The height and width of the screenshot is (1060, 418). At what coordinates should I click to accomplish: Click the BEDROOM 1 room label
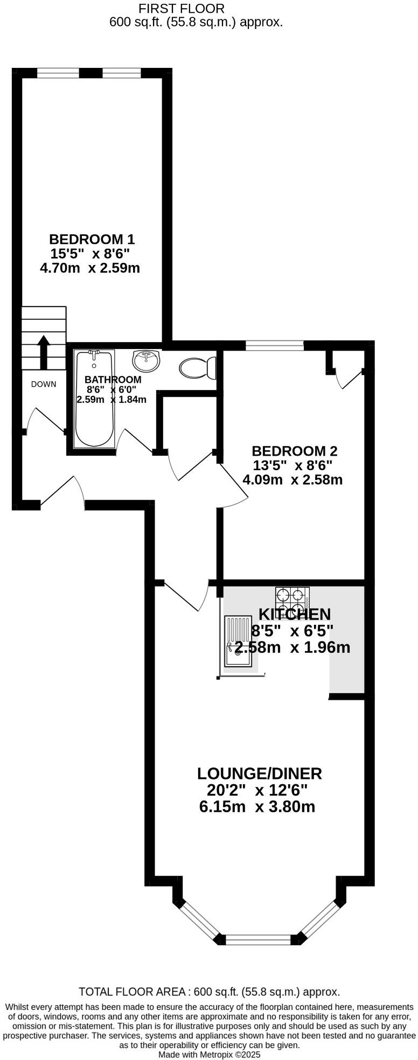tap(92, 239)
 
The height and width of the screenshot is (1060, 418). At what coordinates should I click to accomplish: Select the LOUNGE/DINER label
tap(259, 773)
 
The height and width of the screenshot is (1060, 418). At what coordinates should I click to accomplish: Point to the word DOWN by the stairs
tap(44, 384)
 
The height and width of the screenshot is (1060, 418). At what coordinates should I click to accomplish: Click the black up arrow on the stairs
tap(44, 350)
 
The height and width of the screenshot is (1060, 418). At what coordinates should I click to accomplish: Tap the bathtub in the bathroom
tap(94, 399)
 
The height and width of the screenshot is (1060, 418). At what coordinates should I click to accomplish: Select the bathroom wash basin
tap(145, 360)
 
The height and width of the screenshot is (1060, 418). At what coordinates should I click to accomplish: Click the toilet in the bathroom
tap(197, 368)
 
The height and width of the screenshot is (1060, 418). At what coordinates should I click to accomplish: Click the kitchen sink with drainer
tap(238, 641)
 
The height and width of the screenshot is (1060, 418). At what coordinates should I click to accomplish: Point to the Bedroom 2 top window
tap(274, 345)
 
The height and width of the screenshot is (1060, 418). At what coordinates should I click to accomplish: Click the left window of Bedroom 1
tap(58, 73)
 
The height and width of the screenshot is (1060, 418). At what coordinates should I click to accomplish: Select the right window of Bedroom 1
tap(121, 73)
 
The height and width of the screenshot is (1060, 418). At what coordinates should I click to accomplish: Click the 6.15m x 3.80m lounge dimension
tap(257, 807)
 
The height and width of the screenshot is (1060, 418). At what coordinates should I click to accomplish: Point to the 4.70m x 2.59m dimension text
tap(90, 268)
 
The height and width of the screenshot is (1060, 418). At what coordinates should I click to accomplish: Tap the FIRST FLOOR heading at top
tap(181, 9)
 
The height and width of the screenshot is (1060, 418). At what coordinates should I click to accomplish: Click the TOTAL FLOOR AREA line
tap(209, 992)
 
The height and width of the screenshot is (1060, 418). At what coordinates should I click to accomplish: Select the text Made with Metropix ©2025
tap(209, 1055)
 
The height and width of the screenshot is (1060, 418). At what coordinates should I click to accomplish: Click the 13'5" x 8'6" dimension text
tap(292, 465)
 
